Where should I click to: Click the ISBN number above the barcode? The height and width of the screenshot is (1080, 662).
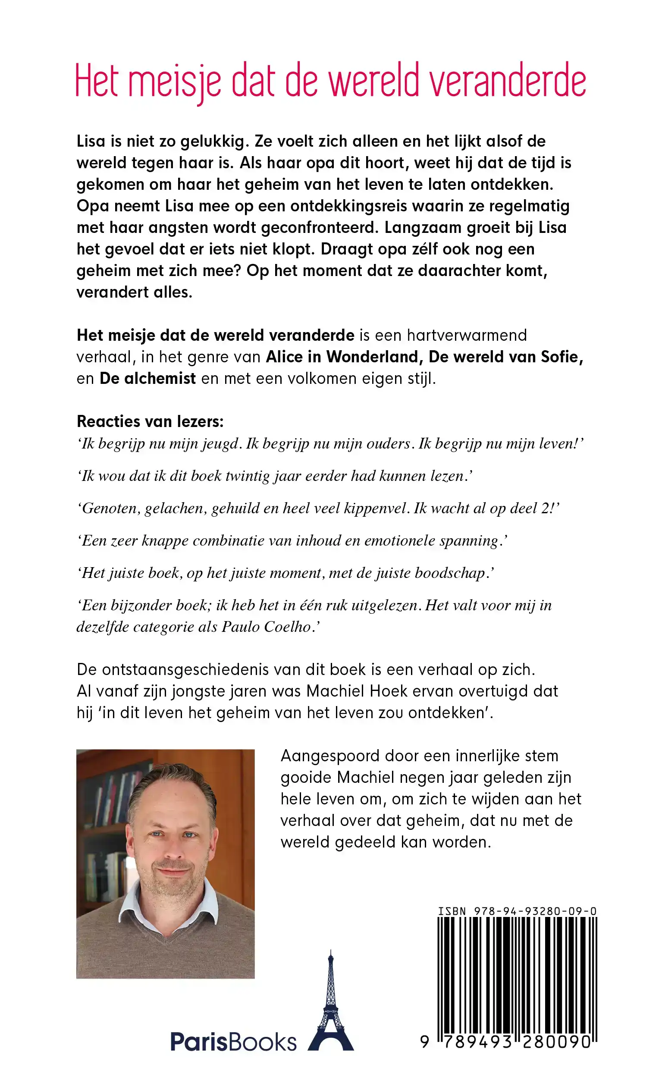518,911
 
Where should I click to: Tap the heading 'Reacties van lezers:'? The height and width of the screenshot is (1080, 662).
150,421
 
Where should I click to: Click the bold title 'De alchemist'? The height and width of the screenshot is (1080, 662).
148,378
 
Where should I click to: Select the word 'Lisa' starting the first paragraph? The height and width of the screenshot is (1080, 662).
91,141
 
